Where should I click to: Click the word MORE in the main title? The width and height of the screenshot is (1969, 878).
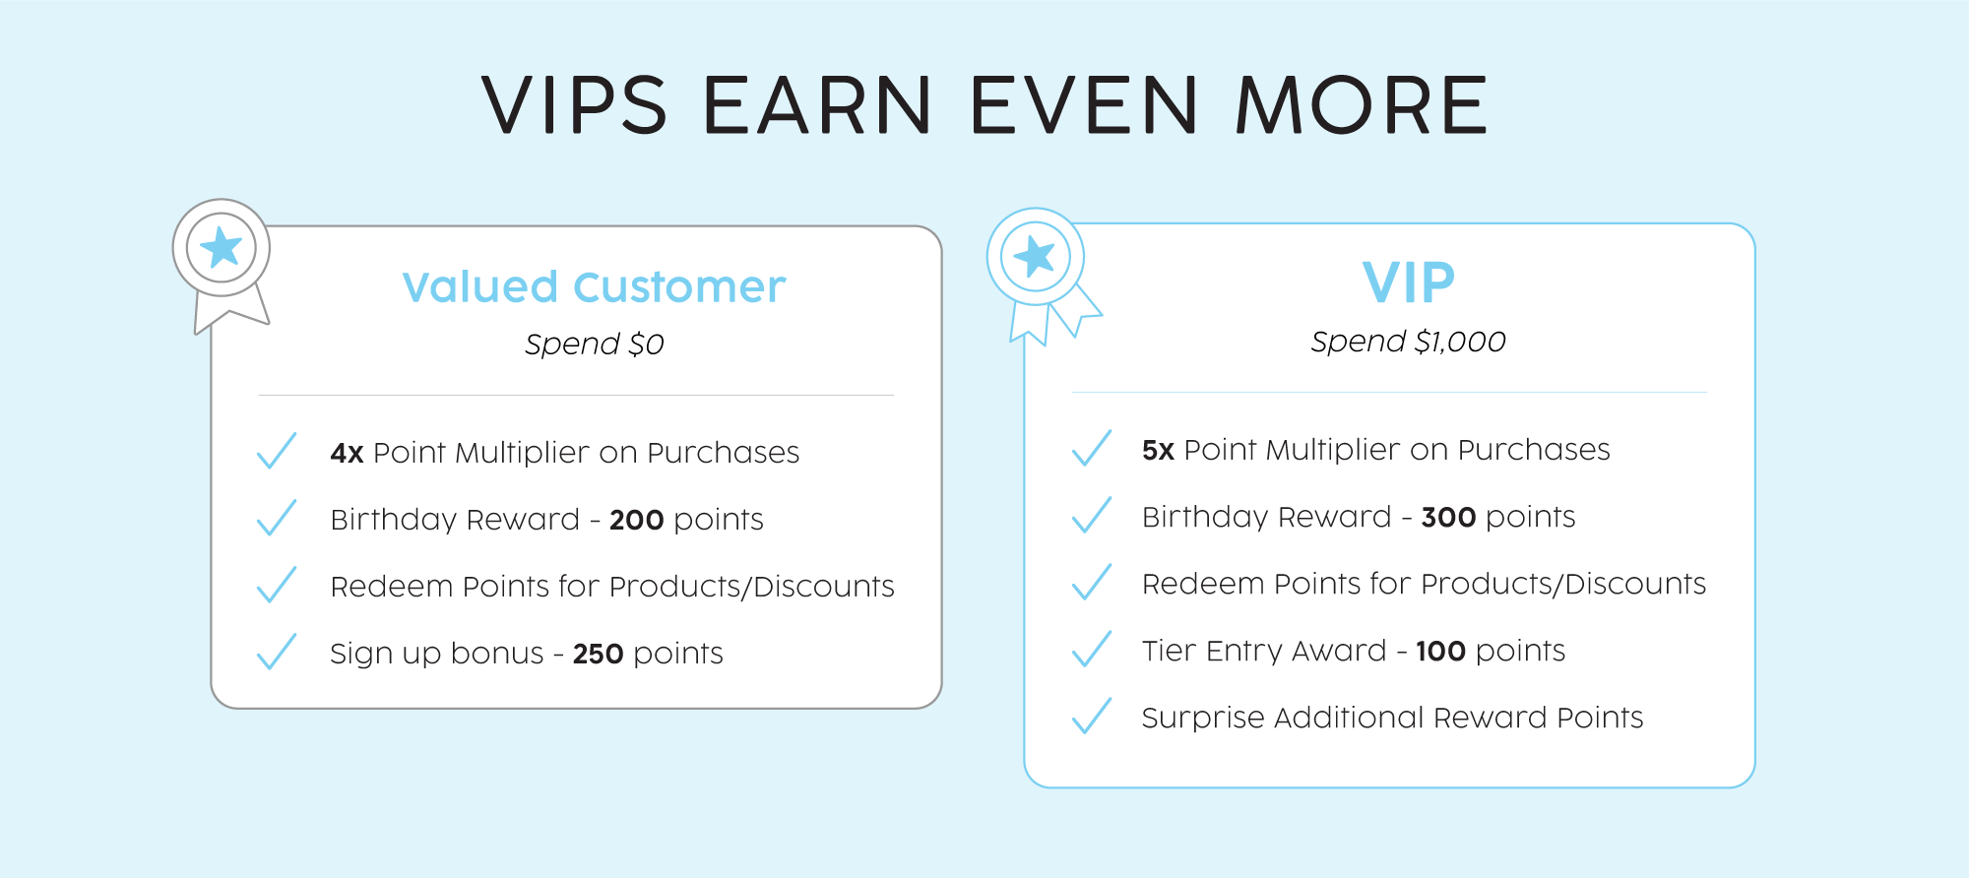click(1361, 105)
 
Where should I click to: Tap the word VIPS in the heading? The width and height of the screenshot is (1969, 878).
click(575, 105)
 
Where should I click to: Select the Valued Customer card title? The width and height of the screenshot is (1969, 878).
click(594, 287)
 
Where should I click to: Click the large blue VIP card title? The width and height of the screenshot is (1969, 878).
click(1408, 282)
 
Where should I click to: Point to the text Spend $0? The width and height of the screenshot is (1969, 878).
click(594, 345)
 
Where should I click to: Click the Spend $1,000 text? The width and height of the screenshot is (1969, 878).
click(1408, 342)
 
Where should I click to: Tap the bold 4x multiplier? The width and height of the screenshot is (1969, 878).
click(347, 453)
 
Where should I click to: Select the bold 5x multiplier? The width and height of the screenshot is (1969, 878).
click(1158, 450)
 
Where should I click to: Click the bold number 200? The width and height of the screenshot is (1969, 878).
click(636, 520)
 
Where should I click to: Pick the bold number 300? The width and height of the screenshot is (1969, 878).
click(1448, 517)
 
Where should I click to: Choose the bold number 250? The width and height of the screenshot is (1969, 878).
click(598, 654)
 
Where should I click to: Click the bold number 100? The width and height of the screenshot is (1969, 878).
click(1440, 651)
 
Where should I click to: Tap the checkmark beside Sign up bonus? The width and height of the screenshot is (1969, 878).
click(277, 652)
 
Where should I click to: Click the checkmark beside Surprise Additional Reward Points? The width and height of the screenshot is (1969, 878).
click(1091, 716)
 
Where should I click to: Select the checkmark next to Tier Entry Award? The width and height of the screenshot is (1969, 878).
click(1091, 649)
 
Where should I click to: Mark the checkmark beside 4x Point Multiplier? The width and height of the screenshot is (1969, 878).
click(277, 451)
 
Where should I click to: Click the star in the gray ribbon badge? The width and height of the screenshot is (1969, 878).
click(222, 247)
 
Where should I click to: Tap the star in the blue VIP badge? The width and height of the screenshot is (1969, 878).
click(1035, 257)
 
